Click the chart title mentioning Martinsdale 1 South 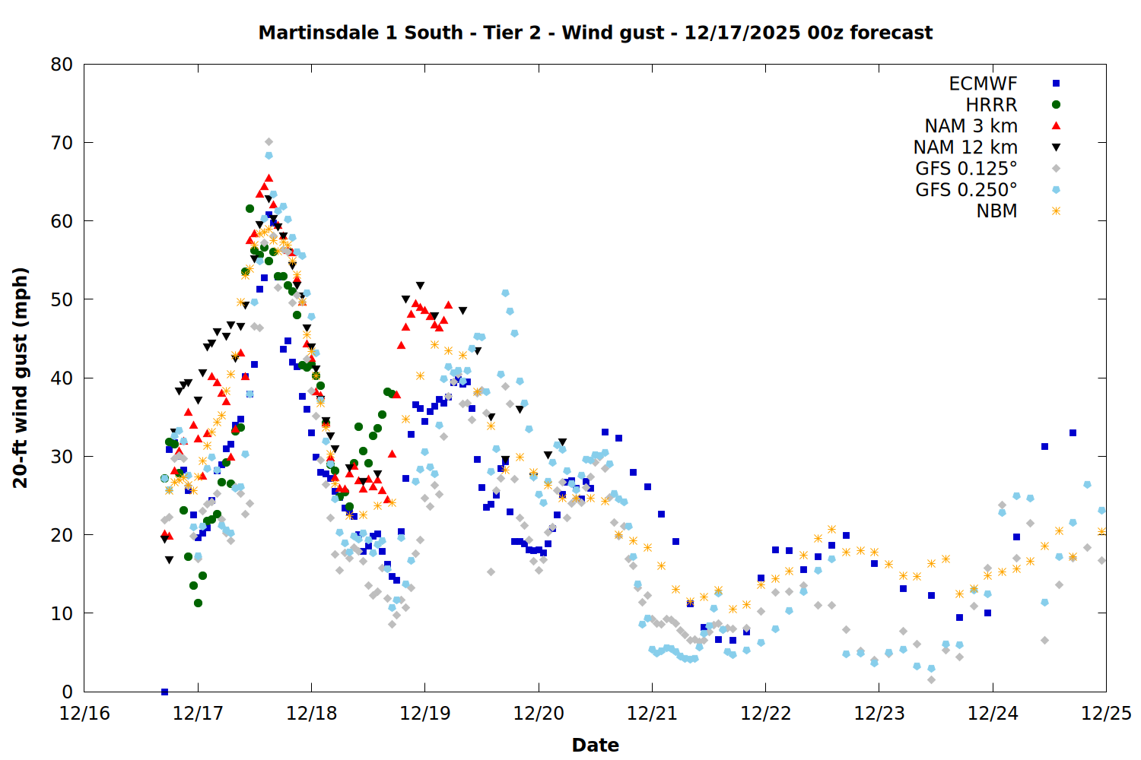pyautogui.click(x=595, y=33)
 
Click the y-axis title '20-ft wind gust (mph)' pyautogui.click(x=21, y=378)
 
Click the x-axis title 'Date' pyautogui.click(x=595, y=745)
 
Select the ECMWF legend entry pyautogui.click(x=983, y=84)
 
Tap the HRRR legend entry pyautogui.click(x=991, y=105)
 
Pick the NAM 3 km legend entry pyautogui.click(x=971, y=126)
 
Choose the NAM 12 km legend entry pyautogui.click(x=965, y=147)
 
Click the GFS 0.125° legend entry pyautogui.click(x=966, y=169)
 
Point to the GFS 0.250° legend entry pyautogui.click(x=966, y=190)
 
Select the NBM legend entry pyautogui.click(x=996, y=211)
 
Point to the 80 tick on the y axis pyautogui.click(x=62, y=65)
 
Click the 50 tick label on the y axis pyautogui.click(x=62, y=299)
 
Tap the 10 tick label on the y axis pyautogui.click(x=62, y=613)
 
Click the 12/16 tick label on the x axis pyautogui.click(x=84, y=714)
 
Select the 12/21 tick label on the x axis pyautogui.click(x=652, y=714)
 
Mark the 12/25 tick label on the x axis pyautogui.click(x=1106, y=714)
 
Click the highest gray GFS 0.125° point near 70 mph pyautogui.click(x=269, y=142)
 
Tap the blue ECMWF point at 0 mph pyautogui.click(x=164, y=692)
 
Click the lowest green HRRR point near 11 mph pyautogui.click(x=198, y=603)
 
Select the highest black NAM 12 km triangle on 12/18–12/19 pyautogui.click(x=420, y=286)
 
